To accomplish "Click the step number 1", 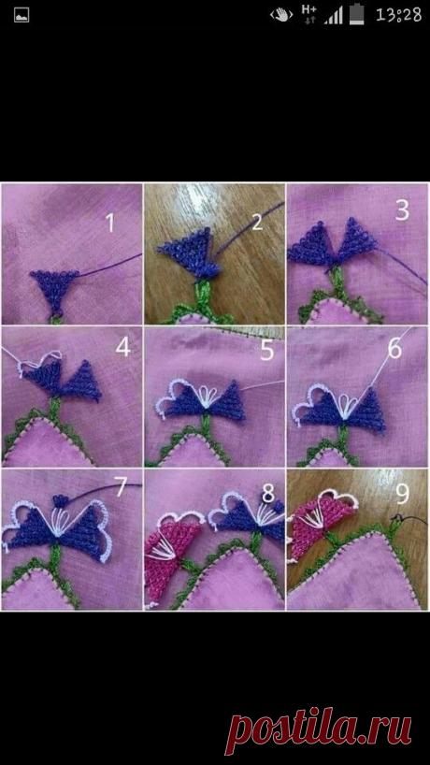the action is pyautogui.click(x=110, y=223).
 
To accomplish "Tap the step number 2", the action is pyautogui.click(x=257, y=222).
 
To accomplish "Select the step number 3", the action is pyautogui.click(x=402, y=210).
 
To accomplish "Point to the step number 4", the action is pyautogui.click(x=122, y=347).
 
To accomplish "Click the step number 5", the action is pyautogui.click(x=266, y=351).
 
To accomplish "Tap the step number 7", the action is pyautogui.click(x=120, y=486).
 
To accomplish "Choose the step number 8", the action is pyautogui.click(x=267, y=493).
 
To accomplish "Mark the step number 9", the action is pyautogui.click(x=402, y=494).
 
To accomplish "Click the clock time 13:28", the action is pyautogui.click(x=398, y=15).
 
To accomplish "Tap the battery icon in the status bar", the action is pyautogui.click(x=359, y=14).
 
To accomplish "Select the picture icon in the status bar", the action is pyautogui.click(x=21, y=15).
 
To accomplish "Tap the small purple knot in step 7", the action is pyautogui.click(x=61, y=500).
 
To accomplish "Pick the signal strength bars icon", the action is pyautogui.click(x=334, y=16).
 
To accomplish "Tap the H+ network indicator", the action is pyautogui.click(x=309, y=14).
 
